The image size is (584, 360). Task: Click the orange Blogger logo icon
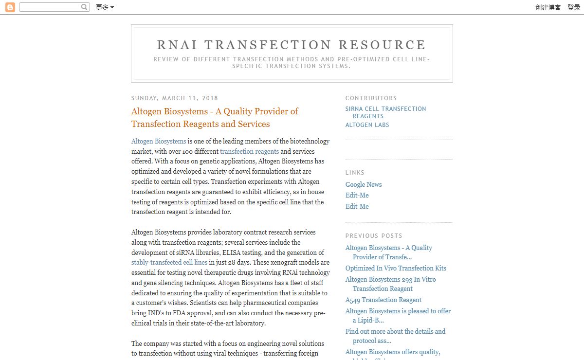[10, 7]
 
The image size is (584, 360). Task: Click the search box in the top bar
[50, 7]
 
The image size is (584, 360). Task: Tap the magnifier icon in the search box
[85, 7]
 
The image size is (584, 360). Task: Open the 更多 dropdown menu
[105, 7]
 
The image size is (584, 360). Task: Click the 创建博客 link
[548, 7]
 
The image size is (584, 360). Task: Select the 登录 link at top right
[574, 7]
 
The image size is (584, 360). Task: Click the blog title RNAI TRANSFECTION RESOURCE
[292, 45]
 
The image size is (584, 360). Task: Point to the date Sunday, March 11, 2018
[175, 98]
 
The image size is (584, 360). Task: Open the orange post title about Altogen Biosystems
[215, 118]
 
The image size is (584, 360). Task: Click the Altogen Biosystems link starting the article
[159, 142]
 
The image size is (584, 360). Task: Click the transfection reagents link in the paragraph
[249, 152]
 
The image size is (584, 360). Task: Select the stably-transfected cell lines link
[169, 263]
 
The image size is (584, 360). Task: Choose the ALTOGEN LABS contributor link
[367, 125]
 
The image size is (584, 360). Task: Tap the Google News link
[364, 185]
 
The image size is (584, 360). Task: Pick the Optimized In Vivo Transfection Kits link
[396, 269]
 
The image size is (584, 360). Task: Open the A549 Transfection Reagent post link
[383, 300]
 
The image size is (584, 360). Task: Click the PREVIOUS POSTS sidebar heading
[374, 236]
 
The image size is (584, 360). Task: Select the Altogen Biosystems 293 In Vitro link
[390, 280]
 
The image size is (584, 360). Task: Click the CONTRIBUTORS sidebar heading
[371, 98]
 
